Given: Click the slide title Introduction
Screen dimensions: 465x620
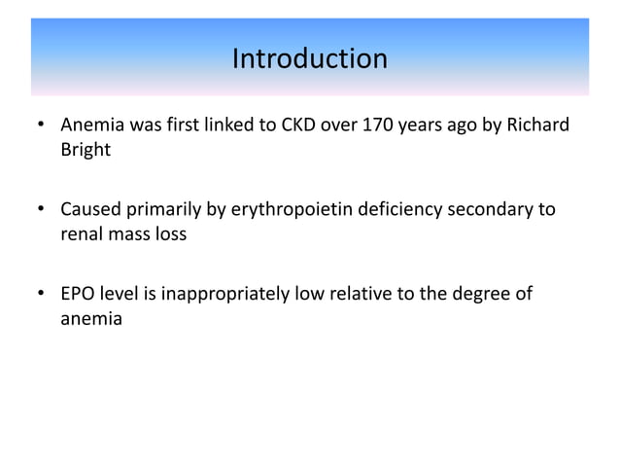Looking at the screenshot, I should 309,59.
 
